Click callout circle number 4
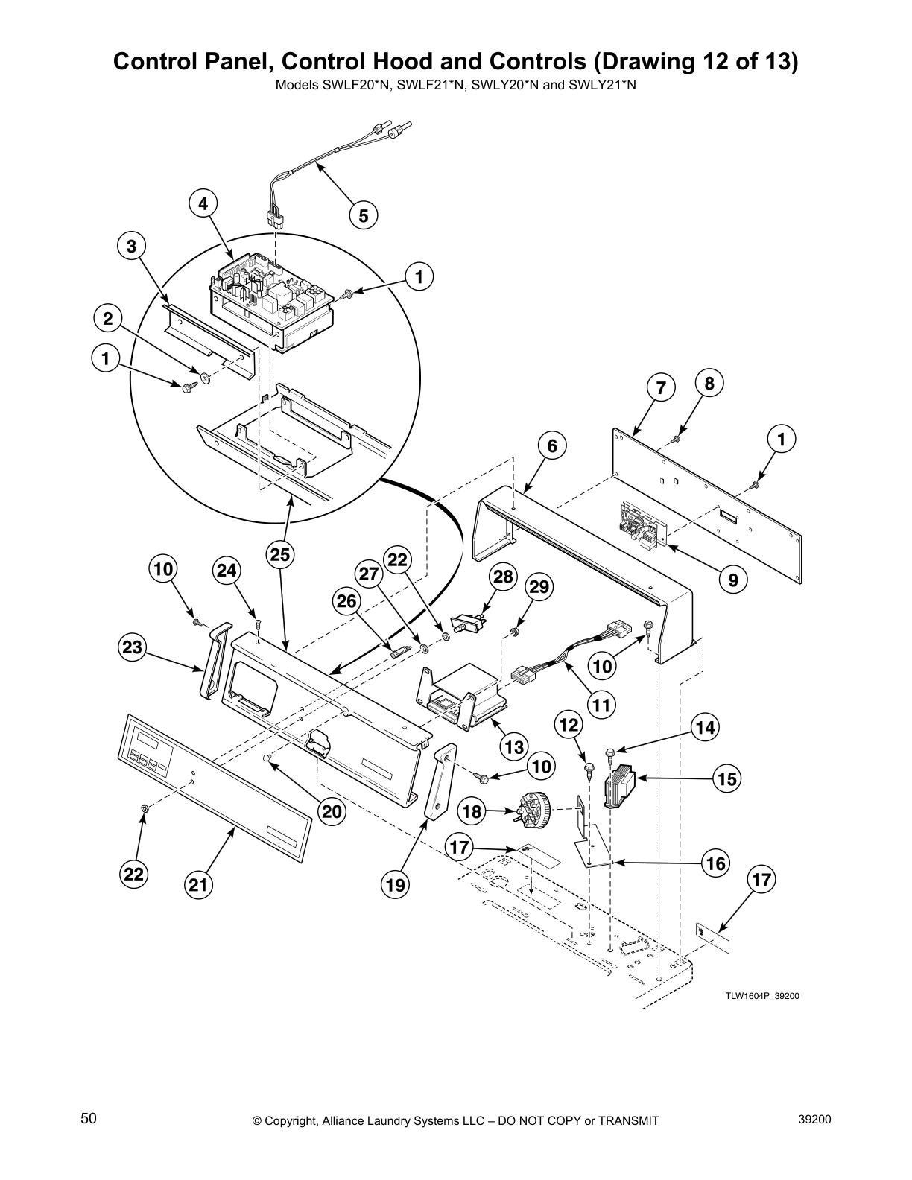click(x=203, y=203)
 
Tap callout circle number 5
click(x=363, y=216)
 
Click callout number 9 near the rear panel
click(x=732, y=580)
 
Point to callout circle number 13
click(x=514, y=746)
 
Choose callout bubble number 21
click(x=198, y=884)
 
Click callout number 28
click(x=503, y=577)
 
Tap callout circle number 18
click(x=472, y=811)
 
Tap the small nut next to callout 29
click(x=515, y=632)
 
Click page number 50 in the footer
click(x=89, y=1119)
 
